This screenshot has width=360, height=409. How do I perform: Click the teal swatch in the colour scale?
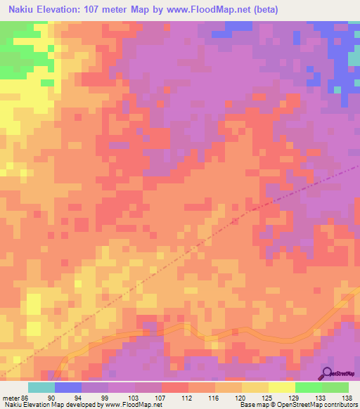click(x=41, y=387)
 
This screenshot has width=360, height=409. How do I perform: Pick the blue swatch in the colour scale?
click(x=68, y=387)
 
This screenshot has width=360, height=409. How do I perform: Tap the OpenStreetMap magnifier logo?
click(x=328, y=374)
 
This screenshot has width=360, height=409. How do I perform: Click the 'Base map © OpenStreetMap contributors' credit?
click(x=296, y=405)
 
